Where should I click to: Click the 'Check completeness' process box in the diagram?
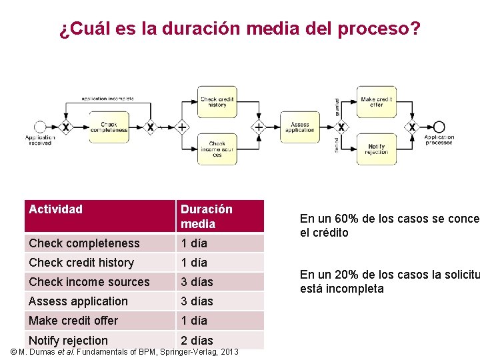109,127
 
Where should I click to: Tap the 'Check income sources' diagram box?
217,149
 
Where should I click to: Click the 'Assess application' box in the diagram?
300,127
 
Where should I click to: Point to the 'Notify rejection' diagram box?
377,149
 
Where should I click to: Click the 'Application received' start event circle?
40,127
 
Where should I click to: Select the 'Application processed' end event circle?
439,127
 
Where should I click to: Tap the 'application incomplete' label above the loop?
107,99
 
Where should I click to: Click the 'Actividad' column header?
56,209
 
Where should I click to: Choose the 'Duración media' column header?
207,216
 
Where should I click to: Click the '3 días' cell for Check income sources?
197,282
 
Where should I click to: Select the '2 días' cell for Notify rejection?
197,341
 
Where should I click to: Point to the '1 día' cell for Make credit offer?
194,321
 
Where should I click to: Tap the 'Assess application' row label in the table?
78,301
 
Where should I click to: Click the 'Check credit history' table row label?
81,263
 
